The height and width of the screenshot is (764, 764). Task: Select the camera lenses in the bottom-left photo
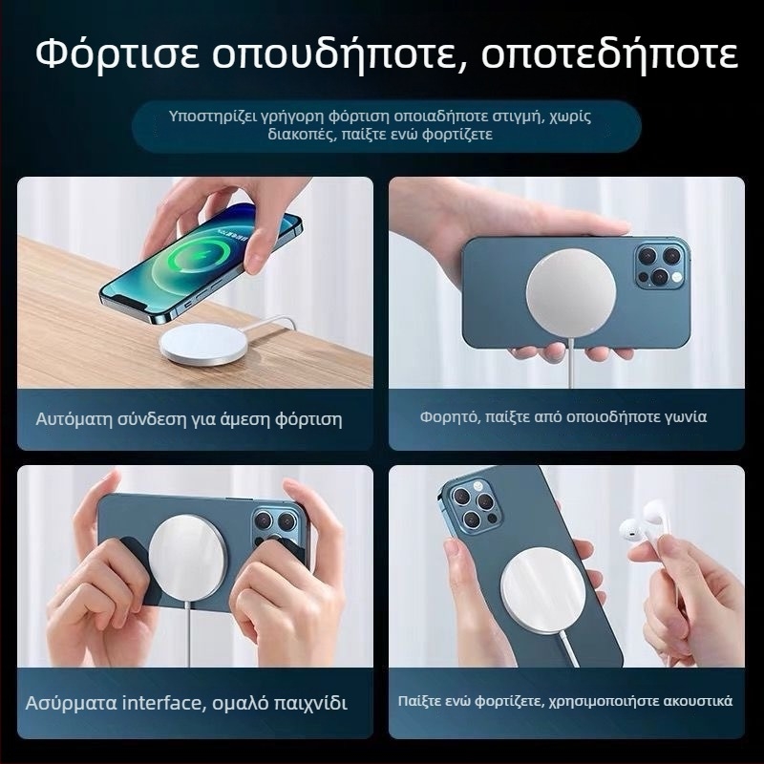275,524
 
